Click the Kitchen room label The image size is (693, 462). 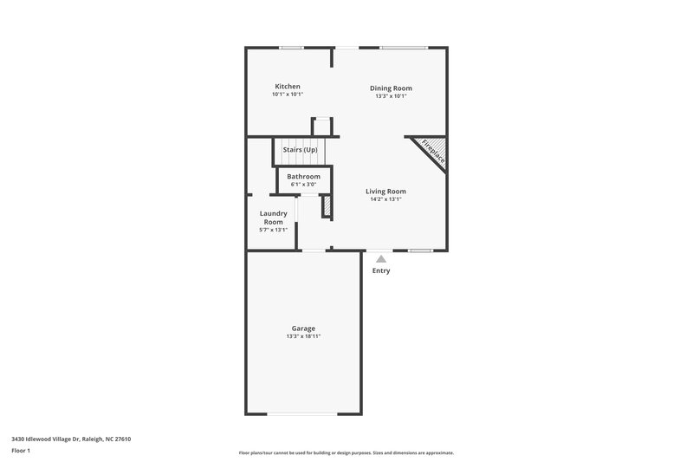[288, 87]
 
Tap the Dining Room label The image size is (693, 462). [391, 88]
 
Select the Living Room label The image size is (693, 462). [385, 192]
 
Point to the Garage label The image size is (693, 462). [303, 329]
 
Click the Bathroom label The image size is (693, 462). [303, 176]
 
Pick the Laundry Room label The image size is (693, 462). [274, 218]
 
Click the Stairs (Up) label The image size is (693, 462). [300, 150]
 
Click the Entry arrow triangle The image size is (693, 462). [380, 257]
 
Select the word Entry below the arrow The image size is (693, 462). [381, 270]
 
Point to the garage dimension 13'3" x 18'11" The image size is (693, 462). [303, 336]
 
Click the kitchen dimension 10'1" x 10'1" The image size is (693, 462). [288, 95]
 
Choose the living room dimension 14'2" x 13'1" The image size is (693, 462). [385, 199]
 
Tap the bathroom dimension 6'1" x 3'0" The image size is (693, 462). [303, 184]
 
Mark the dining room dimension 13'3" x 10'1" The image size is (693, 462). [391, 96]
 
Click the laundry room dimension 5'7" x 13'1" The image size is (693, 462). [273, 230]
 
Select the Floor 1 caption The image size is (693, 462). [21, 452]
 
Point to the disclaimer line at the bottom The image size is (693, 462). [346, 452]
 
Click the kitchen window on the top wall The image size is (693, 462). [291, 48]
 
